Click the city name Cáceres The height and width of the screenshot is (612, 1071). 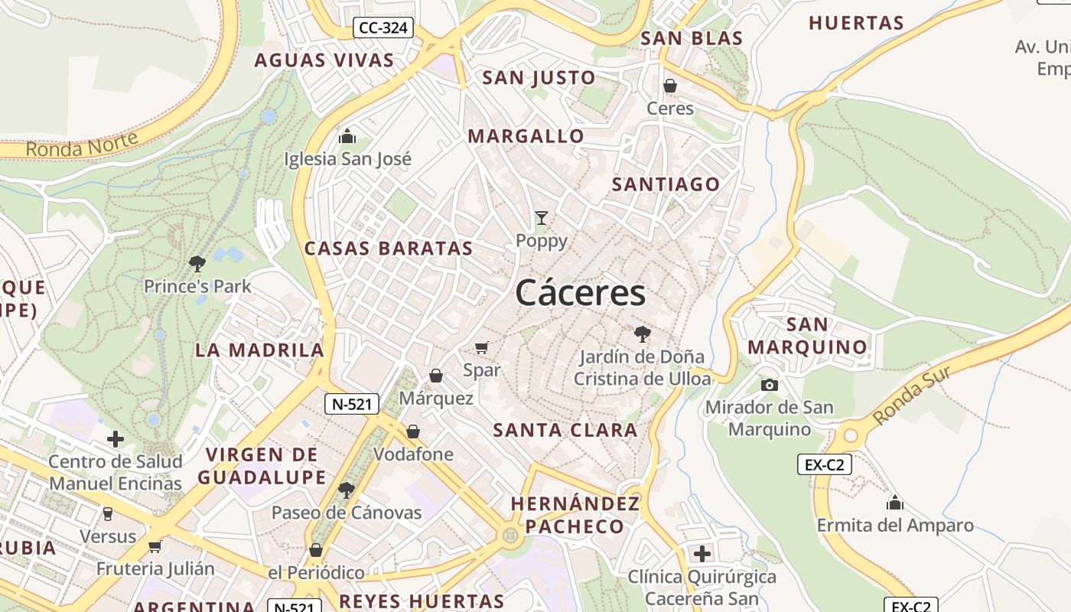[x=580, y=292]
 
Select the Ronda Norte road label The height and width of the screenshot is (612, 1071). [x=82, y=144]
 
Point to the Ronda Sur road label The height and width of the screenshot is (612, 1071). [x=912, y=395]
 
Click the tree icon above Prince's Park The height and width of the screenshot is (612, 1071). [x=197, y=264]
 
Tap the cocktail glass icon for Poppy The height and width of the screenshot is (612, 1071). [x=542, y=218]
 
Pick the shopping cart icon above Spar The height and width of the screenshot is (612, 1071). [x=481, y=348]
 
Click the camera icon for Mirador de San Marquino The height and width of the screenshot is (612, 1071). [x=770, y=385]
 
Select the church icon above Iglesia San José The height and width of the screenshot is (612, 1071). [x=347, y=136]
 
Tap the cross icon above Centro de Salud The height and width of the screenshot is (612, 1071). [x=116, y=439]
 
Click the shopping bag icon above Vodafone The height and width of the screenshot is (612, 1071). [x=413, y=431]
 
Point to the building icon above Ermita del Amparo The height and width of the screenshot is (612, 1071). [x=895, y=503]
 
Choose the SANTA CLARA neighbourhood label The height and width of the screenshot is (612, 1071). [x=565, y=430]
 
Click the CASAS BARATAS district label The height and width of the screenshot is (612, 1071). [x=389, y=249]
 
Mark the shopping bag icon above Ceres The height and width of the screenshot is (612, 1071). [x=670, y=86]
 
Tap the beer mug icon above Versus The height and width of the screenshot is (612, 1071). [x=108, y=513]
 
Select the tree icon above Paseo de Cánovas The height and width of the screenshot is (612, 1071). [x=347, y=490]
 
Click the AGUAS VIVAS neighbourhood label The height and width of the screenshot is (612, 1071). [x=324, y=60]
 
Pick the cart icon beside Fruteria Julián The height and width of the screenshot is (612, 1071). [x=155, y=545]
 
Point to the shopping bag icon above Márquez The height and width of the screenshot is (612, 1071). [x=436, y=376]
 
